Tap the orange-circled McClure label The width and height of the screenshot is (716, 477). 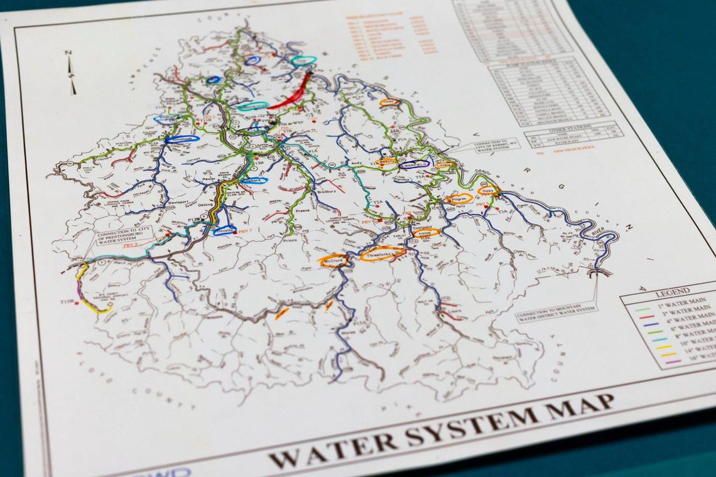coord(333,260)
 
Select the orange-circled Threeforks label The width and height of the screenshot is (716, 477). coord(382,254)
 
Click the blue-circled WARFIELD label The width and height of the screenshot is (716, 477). coord(415,164)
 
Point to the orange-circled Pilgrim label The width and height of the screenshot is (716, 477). coord(459,198)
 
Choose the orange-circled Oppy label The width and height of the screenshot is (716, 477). coord(487,190)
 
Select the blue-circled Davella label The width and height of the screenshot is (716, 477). coord(224,230)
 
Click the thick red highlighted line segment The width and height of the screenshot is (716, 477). coord(293,95)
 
